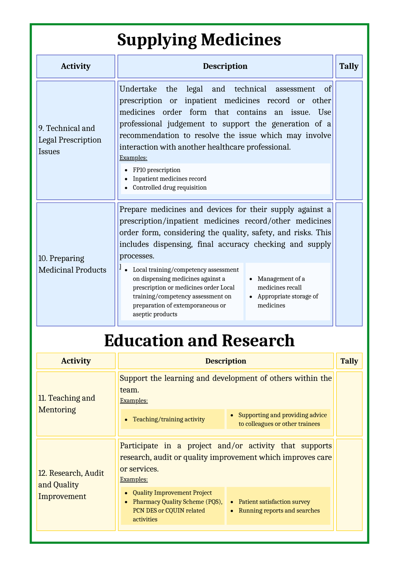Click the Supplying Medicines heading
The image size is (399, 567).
coord(199,39)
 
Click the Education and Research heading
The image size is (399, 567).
coord(199,340)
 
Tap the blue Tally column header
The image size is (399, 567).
coord(349,66)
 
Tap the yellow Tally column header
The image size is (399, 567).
coord(349,361)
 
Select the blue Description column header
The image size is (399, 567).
coord(225,66)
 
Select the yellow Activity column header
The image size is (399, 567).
coord(76,361)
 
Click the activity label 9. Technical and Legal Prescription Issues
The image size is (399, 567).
coord(70,140)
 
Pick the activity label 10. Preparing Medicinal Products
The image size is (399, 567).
coord(72,264)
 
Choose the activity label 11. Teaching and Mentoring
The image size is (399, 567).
coord(67,404)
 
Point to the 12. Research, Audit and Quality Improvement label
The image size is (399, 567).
coord(71,485)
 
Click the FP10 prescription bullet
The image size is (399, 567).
coord(156,170)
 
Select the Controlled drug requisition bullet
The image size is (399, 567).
coord(169,187)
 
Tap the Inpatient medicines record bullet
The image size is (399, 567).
coord(169,179)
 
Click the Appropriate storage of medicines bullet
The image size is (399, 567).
coord(287,301)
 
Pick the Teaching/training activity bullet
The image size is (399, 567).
coord(168,419)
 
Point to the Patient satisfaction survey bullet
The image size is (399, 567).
coord(274,502)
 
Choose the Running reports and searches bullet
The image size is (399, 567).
coord(279,510)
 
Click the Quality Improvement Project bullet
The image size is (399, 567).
coord(172,493)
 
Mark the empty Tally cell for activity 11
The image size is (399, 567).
coord(349,404)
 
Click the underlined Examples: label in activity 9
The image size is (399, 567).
coord(133,158)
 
